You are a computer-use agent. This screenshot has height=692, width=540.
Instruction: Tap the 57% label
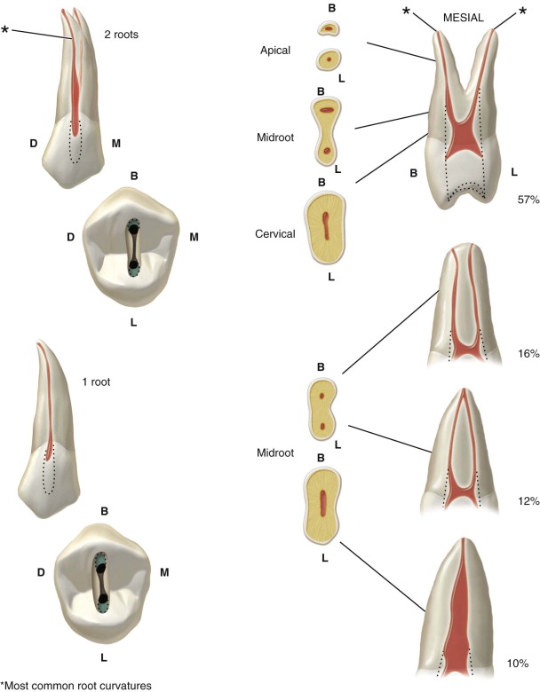click(x=527, y=201)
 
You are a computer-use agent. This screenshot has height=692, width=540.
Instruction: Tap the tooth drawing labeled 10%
click(x=462, y=612)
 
